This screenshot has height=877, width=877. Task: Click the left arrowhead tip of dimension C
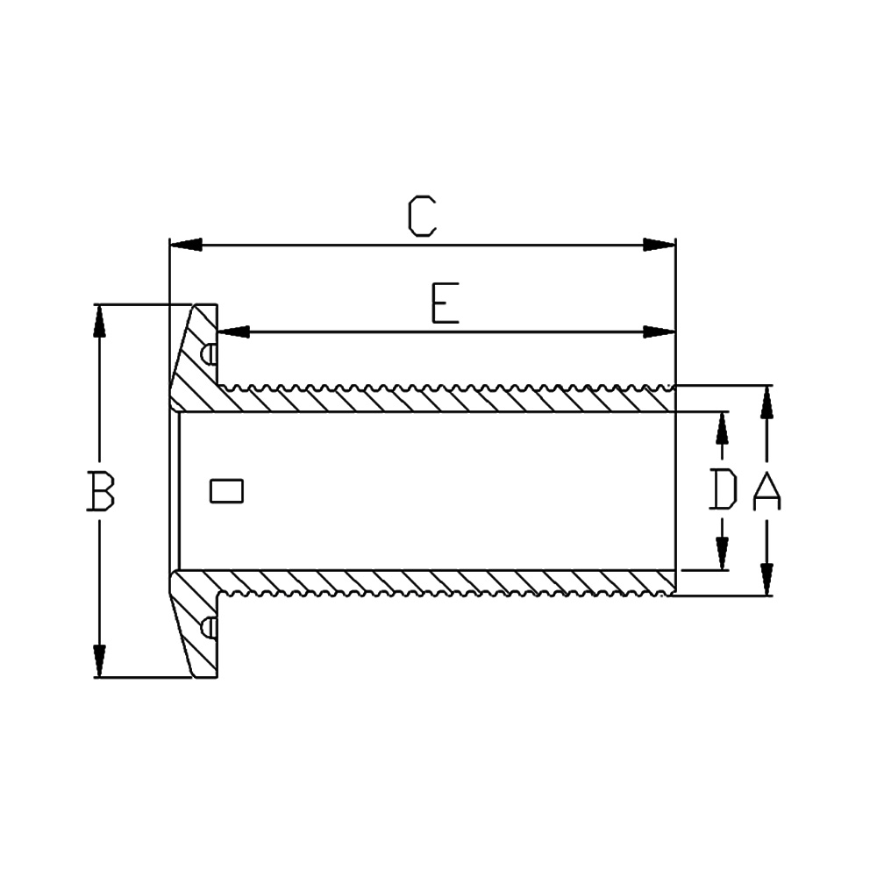[x=170, y=245]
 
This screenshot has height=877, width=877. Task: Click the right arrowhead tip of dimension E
[x=675, y=332]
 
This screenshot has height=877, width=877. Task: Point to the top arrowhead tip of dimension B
[x=100, y=305]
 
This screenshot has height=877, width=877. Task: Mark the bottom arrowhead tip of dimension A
[x=766, y=595]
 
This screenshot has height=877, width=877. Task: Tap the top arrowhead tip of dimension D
[x=722, y=413]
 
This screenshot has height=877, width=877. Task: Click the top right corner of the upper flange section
[x=217, y=305]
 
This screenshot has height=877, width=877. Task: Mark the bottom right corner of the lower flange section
[x=217, y=678]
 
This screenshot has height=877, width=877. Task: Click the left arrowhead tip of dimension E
[x=218, y=332]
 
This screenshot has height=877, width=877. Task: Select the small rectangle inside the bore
[x=226, y=491]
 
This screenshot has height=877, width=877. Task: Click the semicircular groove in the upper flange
[x=210, y=354]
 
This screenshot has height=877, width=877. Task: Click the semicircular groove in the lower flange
[x=210, y=628]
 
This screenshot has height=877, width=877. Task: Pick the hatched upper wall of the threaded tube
[x=447, y=398]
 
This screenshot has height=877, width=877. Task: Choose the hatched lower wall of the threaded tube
[x=447, y=583]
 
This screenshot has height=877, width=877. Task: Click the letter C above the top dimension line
[x=422, y=216]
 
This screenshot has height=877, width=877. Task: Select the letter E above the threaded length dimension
[x=446, y=303]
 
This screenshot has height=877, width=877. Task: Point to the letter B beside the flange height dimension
[x=101, y=491]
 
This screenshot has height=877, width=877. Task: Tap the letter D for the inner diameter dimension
[x=723, y=489]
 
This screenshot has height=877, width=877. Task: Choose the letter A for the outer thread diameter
[x=766, y=490]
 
